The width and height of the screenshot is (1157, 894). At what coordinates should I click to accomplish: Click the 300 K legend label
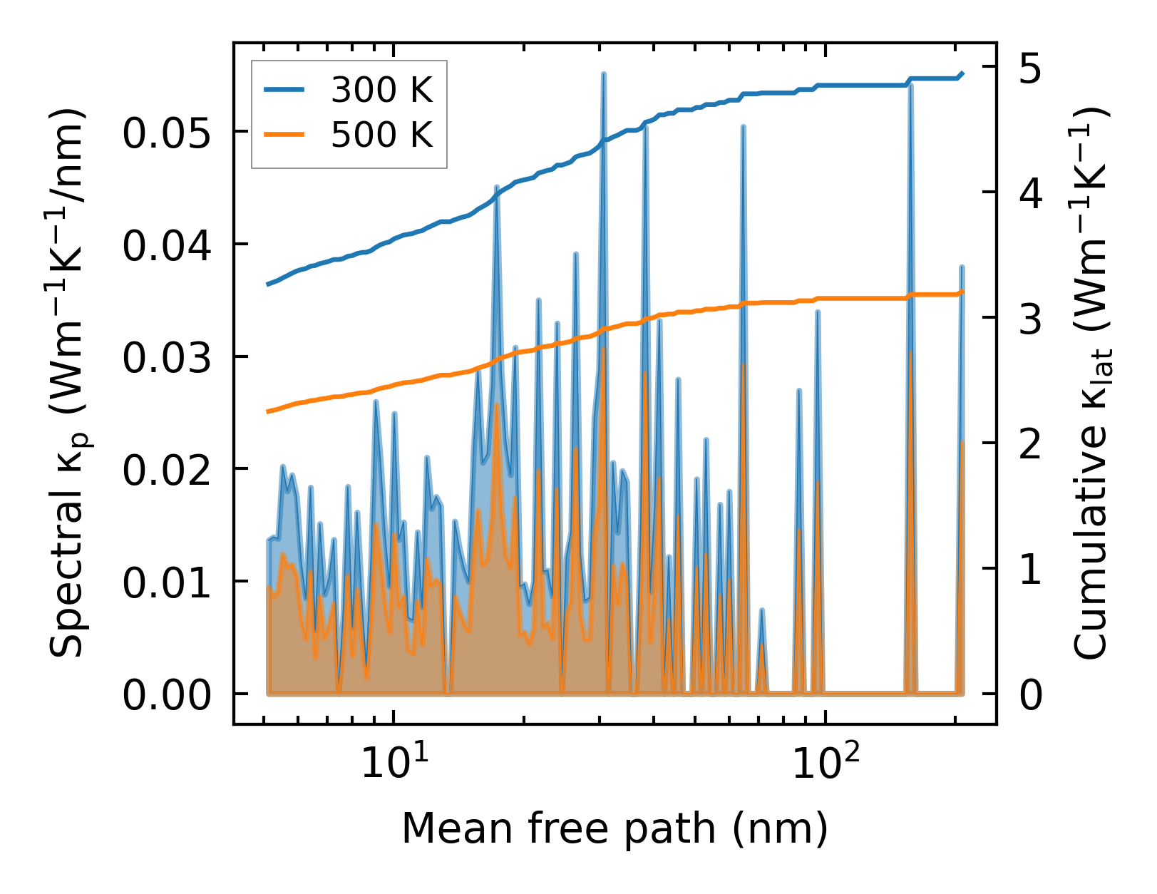coord(381,90)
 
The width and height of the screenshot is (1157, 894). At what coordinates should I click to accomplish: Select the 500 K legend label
coord(381,134)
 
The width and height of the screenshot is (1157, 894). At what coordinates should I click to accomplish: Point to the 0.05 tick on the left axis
coord(167,133)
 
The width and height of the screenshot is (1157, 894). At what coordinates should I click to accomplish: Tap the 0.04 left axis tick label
coord(167,246)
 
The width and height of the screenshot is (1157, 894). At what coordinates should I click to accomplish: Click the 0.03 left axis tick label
coord(167,358)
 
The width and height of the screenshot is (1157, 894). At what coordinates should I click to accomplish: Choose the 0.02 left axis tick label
coord(167,471)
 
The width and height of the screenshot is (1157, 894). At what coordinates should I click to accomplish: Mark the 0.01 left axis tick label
coord(167,582)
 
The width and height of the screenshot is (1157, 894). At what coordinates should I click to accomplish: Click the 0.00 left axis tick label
coord(167,695)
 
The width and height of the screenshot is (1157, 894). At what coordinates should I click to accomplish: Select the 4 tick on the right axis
coord(1030,194)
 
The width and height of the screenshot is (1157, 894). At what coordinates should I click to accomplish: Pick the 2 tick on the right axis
coord(1030,445)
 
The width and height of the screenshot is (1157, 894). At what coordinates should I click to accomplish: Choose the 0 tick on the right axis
coord(1030,695)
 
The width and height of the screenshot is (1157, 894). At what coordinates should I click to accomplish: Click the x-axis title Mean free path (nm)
coord(615,828)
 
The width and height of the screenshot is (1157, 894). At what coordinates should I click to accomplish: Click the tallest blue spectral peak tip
coord(603,73)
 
